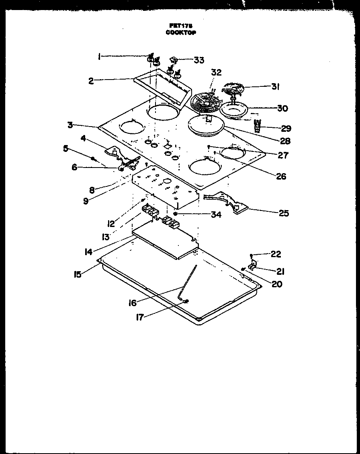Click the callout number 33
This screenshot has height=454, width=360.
pyautogui.click(x=198, y=60)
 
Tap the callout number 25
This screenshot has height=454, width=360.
pyautogui.click(x=284, y=213)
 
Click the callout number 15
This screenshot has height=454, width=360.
pyautogui.click(x=77, y=275)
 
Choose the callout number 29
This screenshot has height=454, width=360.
pyautogui.click(x=286, y=129)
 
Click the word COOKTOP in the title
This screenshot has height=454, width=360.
pyautogui.click(x=180, y=33)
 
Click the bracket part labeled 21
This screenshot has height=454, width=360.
pyautogui.click(x=254, y=265)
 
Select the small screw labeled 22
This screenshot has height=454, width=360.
pyautogui.click(x=251, y=255)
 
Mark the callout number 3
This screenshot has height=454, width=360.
pyautogui.click(x=71, y=125)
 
